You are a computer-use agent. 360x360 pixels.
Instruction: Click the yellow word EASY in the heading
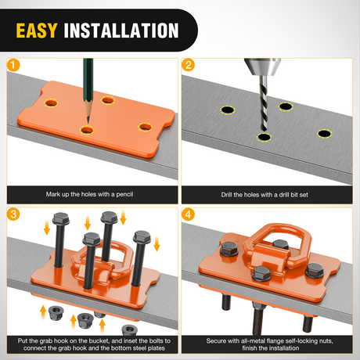[x=37, y=31]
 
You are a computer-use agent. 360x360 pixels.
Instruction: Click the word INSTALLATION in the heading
[x=121, y=31]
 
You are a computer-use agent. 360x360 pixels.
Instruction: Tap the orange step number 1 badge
[x=13, y=65]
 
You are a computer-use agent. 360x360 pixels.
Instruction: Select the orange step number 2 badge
[x=188, y=65]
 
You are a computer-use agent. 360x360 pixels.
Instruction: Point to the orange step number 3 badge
[x=13, y=214]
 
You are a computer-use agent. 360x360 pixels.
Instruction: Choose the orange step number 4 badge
[x=188, y=214]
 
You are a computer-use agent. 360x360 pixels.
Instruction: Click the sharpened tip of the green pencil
[x=88, y=122]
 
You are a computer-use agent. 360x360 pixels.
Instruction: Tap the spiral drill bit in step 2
[x=264, y=103]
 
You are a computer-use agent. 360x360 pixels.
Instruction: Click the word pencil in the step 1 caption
[x=124, y=194]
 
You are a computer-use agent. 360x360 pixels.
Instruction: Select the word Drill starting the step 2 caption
[x=227, y=195]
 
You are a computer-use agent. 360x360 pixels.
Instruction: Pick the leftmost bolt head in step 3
[x=61, y=218]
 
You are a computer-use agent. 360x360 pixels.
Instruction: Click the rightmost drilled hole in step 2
[x=324, y=134]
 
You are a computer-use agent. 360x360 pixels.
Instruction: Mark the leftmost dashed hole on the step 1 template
[x=51, y=103]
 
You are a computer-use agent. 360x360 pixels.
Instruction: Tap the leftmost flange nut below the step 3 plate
[x=56, y=313]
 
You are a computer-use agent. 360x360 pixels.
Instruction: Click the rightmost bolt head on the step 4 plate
[x=315, y=270]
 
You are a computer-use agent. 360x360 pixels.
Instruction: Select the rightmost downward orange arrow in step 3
[x=157, y=243]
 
